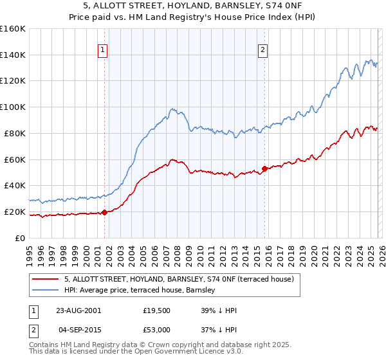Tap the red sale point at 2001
(105, 212)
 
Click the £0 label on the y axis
(20, 238)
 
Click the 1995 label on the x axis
(30, 251)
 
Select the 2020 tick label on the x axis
(313, 251)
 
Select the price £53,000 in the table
(157, 329)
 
